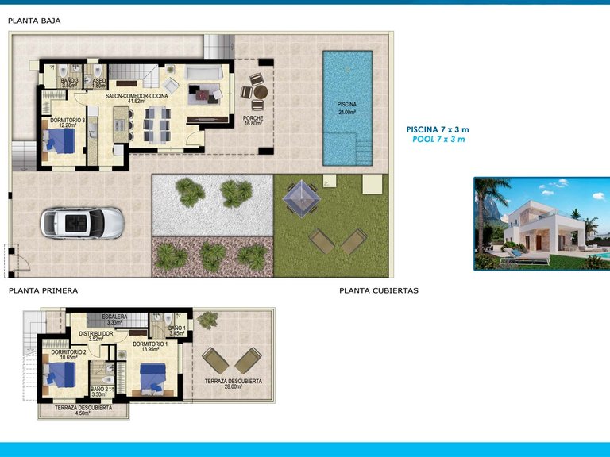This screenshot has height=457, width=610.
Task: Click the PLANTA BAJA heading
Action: coord(33,21)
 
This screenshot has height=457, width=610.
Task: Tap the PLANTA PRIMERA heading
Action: coord(43,290)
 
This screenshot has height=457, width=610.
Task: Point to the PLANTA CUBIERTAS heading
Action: coord(378,290)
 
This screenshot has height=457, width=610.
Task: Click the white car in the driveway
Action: coord(83,223)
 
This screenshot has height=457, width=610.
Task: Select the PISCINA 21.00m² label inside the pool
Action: coord(347,108)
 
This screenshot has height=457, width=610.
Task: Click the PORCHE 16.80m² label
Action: coord(253,121)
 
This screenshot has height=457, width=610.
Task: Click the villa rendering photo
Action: coord(542,223)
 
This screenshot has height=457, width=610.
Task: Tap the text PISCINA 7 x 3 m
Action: coord(438,129)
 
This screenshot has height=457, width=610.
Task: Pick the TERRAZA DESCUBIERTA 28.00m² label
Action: coord(233,384)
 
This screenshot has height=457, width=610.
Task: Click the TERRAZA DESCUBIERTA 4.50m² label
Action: coord(83,410)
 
